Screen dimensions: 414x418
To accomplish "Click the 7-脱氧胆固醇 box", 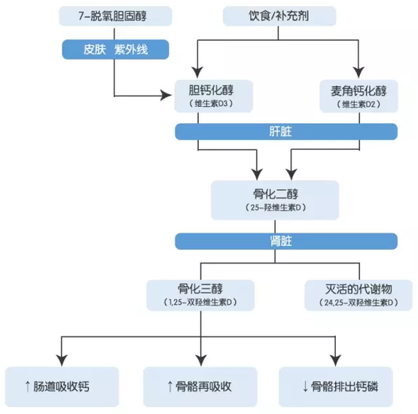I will coord(114,15).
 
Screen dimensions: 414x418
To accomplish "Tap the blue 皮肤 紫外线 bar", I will coord(114,50).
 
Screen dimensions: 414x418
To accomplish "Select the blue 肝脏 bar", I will coord(285,132).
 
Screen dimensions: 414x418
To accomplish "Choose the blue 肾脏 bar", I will coord(285,241).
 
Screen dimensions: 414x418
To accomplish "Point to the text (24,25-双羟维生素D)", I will coord(358,303).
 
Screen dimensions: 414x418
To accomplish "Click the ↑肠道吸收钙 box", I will coord(62,387).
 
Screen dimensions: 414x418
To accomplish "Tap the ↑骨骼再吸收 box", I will coord(200,387).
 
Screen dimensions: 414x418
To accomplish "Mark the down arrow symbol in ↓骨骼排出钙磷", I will coord(305,387).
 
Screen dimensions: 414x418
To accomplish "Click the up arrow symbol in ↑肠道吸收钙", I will coord(29,387).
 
